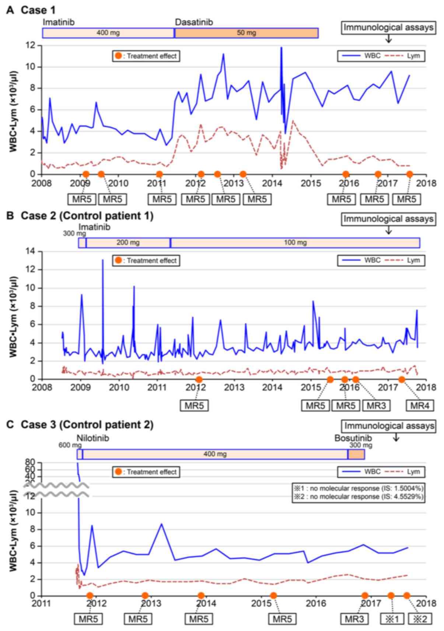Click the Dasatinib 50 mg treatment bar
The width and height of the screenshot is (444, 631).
(246, 33)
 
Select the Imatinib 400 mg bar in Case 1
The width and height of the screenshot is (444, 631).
(108, 33)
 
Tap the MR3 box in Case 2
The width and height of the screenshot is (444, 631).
(376, 406)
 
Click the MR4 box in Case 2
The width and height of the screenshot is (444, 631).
(420, 406)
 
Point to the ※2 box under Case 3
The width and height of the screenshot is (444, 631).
(420, 619)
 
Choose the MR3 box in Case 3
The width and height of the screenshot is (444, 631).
(354, 619)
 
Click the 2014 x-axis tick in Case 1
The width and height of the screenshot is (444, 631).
(272, 183)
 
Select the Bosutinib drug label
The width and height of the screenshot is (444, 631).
(353, 438)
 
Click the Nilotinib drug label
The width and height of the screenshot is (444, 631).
(93, 438)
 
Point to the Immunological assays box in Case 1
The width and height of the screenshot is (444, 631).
(388, 28)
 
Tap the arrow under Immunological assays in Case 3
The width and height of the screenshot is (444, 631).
(396, 437)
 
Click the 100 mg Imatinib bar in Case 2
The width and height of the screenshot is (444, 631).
(295, 243)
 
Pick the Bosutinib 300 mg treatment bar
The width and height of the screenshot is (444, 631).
(356, 454)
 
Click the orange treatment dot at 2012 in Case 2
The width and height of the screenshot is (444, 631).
(199, 379)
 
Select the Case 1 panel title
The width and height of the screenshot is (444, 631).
(31, 10)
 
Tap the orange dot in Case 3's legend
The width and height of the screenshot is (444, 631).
(118, 472)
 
